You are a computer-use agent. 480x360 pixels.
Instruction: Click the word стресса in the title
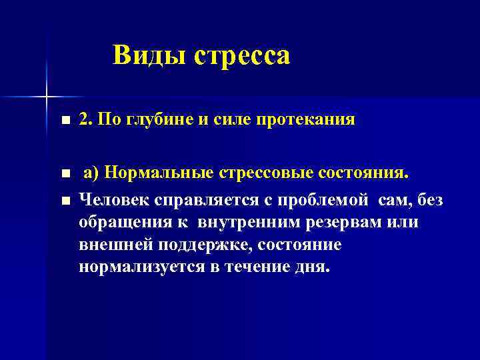click(x=242, y=56)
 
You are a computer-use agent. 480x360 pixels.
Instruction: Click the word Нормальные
click(x=159, y=175)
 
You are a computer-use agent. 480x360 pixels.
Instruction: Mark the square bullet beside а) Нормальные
click(x=64, y=175)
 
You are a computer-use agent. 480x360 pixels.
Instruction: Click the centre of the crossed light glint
click(x=46, y=97)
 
